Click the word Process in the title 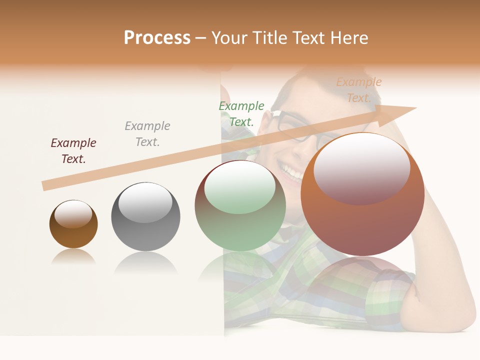tap(157, 38)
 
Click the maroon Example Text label tap(73, 151)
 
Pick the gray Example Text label tap(147, 134)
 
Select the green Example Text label tap(241, 114)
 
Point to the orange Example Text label tap(358, 90)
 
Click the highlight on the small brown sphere tap(73, 214)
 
